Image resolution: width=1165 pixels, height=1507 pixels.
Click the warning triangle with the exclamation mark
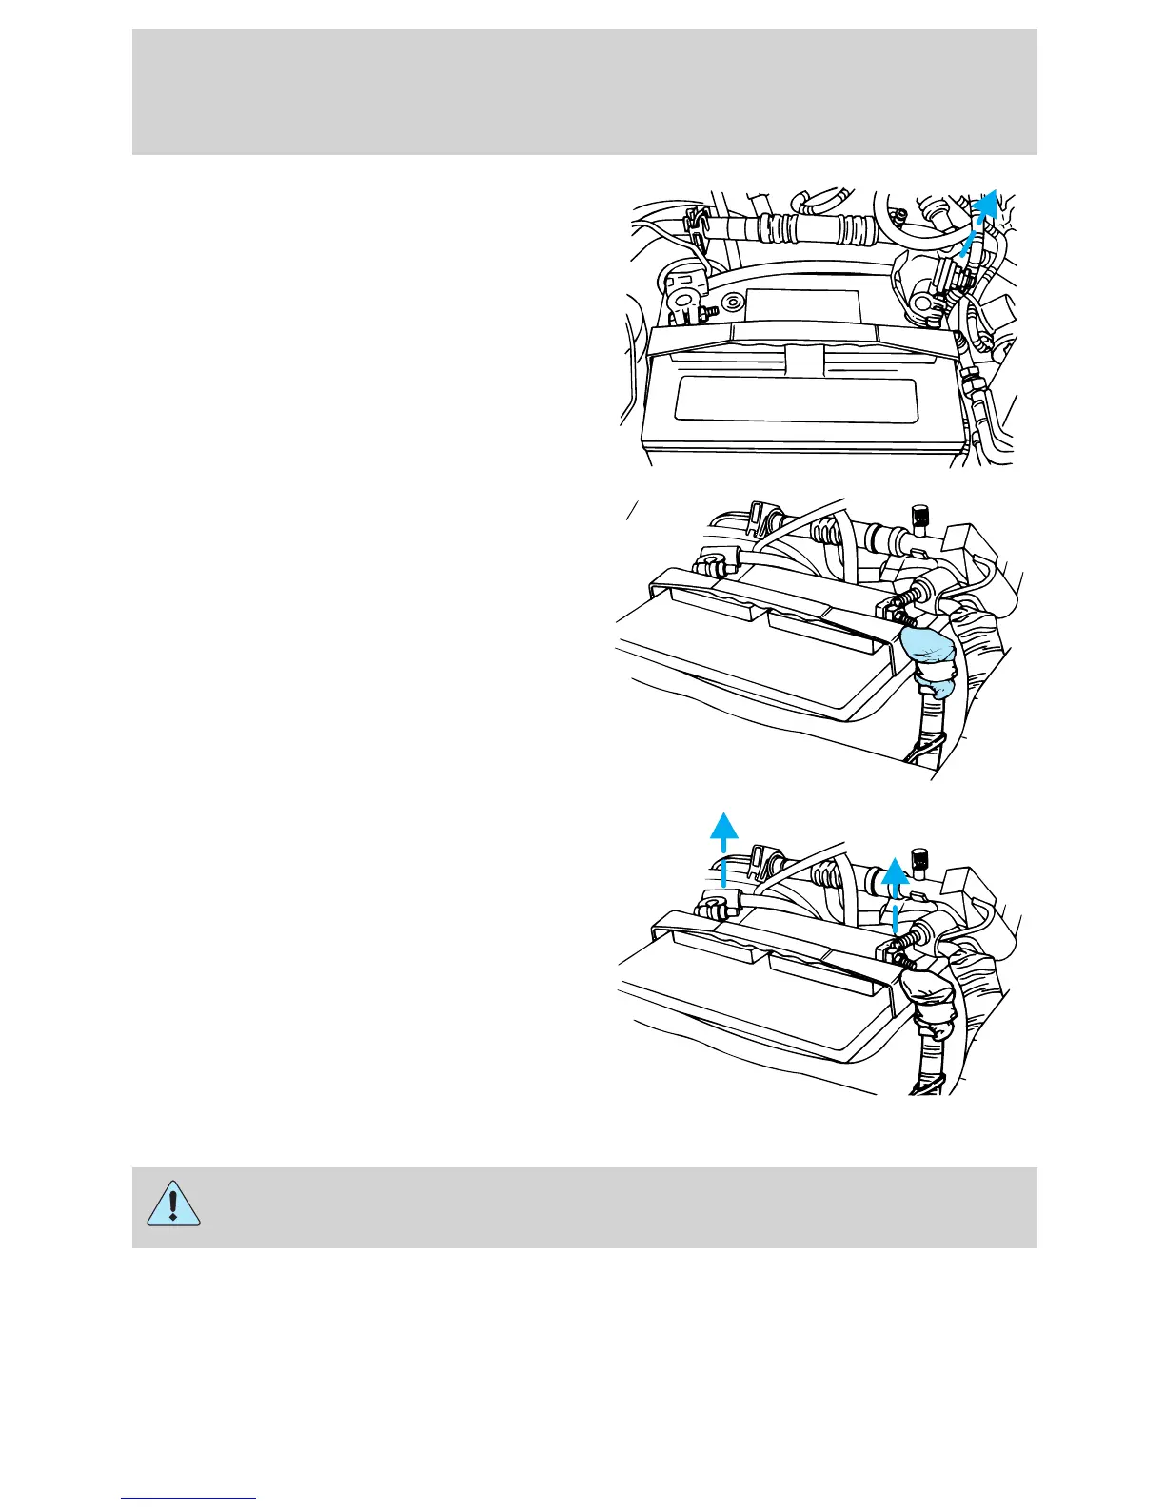coord(173,1206)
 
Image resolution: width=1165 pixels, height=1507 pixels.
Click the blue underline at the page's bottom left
coord(188,1498)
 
